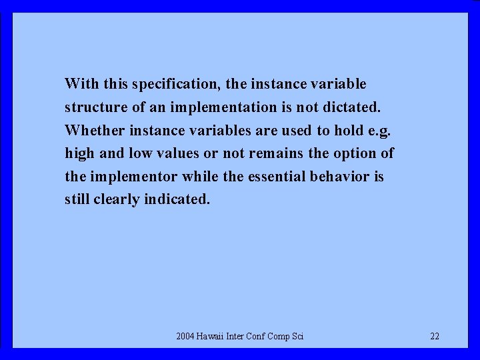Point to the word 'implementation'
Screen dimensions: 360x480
[222, 107]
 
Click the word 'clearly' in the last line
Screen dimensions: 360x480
[115, 200]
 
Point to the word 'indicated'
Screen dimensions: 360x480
[177, 199]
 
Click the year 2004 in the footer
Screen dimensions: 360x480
[185, 336]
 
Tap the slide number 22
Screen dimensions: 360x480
[435, 336]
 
